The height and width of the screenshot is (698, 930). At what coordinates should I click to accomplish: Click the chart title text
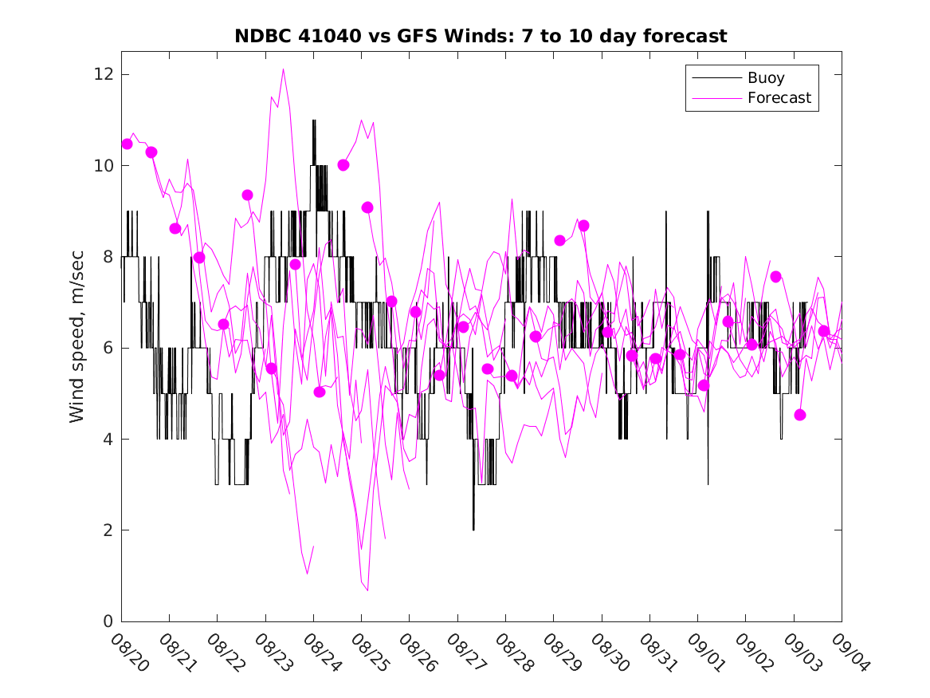[481, 37]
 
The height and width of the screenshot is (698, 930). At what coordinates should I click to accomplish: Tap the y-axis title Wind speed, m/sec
[77, 348]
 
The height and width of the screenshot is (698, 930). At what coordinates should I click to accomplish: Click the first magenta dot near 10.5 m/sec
[127, 144]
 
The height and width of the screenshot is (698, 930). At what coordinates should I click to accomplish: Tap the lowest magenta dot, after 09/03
[800, 415]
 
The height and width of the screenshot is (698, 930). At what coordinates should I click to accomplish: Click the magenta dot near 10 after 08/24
[343, 165]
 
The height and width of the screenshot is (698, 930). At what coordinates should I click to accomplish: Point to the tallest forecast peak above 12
[283, 69]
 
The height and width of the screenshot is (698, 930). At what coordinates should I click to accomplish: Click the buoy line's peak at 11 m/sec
[314, 120]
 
